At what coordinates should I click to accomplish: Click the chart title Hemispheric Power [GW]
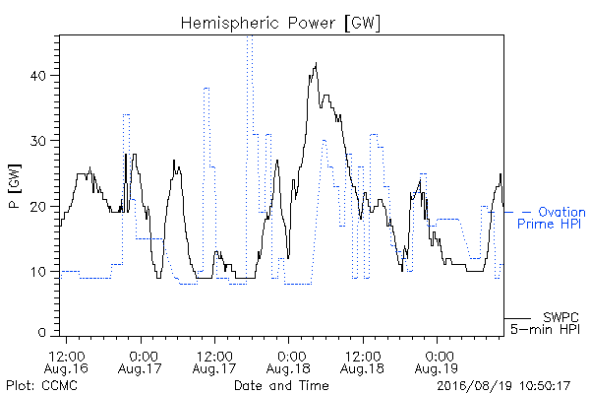tap(280, 23)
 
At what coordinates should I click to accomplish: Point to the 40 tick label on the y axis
tap(37, 76)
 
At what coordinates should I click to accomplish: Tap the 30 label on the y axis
tap(37, 141)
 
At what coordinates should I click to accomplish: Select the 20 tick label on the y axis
tap(37, 207)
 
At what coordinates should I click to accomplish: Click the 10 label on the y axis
tap(37, 272)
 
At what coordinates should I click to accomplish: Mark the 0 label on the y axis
tap(41, 333)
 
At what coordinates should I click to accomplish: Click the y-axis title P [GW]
tap(15, 186)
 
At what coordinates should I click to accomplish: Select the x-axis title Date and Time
tap(281, 385)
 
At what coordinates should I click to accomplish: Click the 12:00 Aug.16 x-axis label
tap(66, 361)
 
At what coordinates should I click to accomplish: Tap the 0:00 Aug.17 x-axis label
tap(140, 361)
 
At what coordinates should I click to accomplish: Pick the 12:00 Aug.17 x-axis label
tap(214, 361)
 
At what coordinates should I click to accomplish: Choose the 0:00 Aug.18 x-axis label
tap(288, 361)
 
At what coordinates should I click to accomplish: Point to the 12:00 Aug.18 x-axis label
tap(362, 361)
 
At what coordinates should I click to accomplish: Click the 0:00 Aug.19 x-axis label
tap(437, 361)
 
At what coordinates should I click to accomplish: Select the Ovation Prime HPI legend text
tap(552, 218)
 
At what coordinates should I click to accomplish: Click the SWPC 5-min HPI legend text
tap(545, 323)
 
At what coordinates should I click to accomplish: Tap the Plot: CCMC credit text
tap(41, 385)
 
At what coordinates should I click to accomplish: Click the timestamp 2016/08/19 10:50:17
tap(503, 386)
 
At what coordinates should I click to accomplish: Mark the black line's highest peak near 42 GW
tap(316, 63)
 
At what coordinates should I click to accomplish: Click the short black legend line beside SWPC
tap(517, 318)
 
